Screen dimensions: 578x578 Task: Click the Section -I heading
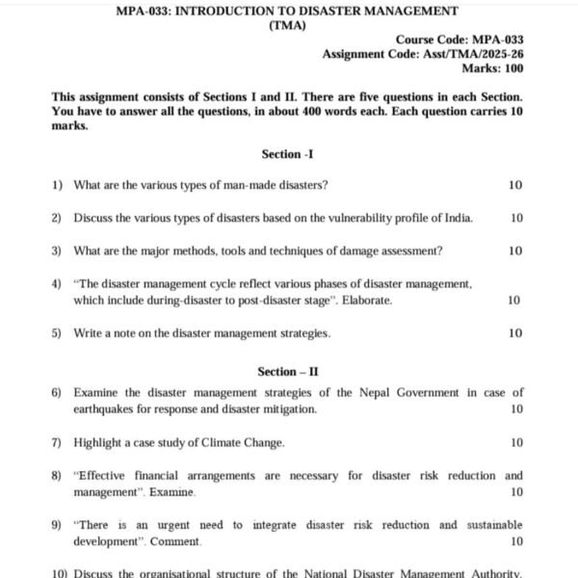click(288, 154)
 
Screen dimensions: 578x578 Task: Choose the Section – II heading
click(288, 371)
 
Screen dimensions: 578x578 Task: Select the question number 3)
click(57, 250)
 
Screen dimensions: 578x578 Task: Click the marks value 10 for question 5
click(515, 333)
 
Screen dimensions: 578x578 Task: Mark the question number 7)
click(57, 442)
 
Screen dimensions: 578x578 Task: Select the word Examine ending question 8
click(172, 492)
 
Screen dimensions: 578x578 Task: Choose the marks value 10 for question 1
click(515, 185)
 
